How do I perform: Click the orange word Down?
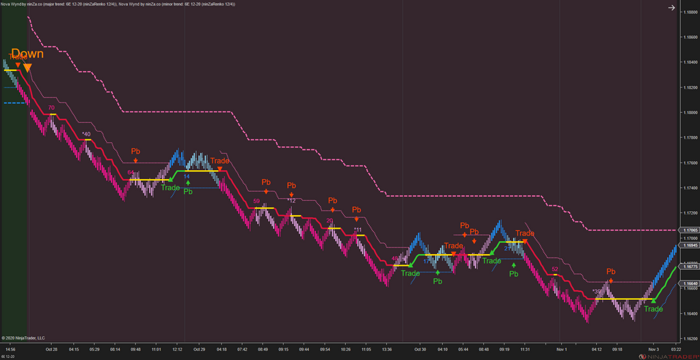(27, 54)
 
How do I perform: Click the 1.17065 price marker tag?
(688, 230)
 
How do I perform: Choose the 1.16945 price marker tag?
(688, 245)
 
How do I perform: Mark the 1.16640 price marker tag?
(688, 283)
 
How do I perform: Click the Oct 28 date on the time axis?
(51, 349)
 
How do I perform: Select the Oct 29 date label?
(199, 349)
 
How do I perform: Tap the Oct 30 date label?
(419, 349)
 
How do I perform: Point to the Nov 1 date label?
(561, 349)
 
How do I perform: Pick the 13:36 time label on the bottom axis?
(388, 349)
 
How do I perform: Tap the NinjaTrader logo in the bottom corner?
(660, 355)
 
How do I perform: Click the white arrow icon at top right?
(671, 8)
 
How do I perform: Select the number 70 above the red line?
(51, 107)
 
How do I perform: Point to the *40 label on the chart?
(86, 134)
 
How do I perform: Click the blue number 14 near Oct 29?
(187, 176)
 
